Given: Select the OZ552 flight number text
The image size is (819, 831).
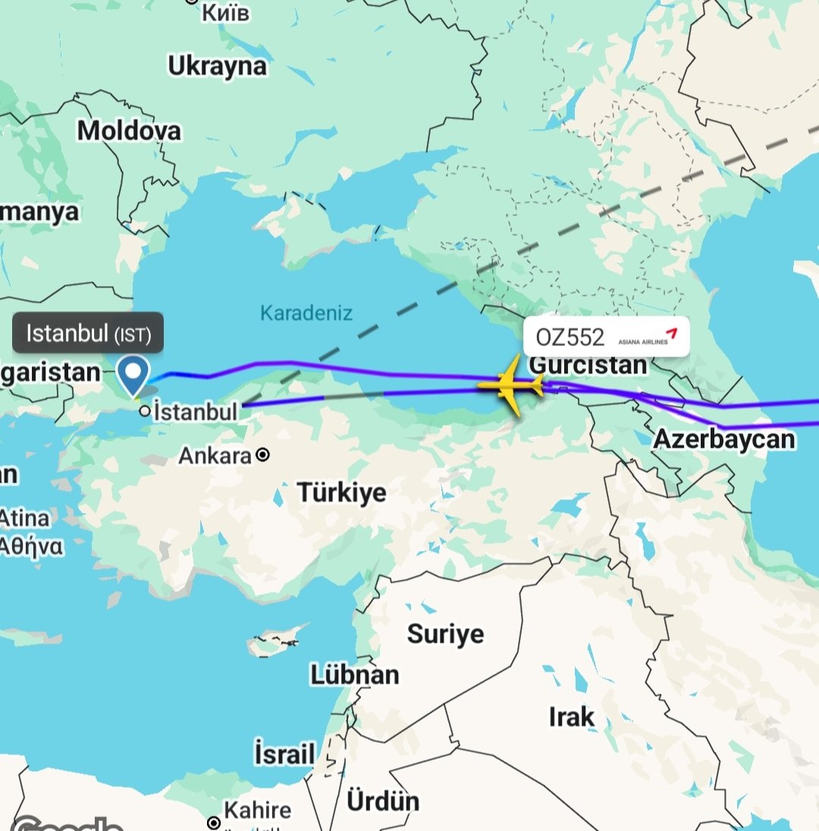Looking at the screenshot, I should (x=570, y=337).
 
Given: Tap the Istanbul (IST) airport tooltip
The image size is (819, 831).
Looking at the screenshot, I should (x=88, y=332).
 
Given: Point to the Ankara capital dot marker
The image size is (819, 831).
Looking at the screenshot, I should (x=263, y=455).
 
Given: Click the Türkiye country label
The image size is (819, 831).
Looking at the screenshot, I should (x=341, y=493).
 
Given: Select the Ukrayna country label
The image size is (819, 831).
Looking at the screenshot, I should (x=217, y=66).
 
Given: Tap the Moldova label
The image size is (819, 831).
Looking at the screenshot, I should (x=129, y=131).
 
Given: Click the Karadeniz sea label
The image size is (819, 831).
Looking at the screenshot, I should (x=306, y=312).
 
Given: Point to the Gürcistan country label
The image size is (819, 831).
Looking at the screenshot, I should (x=588, y=365).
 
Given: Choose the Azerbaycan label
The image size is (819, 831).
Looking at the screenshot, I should (x=724, y=439).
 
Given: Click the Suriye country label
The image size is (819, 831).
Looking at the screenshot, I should (x=445, y=634).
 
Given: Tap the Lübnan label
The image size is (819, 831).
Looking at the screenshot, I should (x=355, y=674).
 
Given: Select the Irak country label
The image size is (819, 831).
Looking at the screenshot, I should (x=571, y=716).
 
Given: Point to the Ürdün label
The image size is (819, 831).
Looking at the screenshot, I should (x=383, y=800).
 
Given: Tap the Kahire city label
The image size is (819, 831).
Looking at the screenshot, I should (x=258, y=811).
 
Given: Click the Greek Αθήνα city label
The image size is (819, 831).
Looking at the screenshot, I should (x=32, y=546).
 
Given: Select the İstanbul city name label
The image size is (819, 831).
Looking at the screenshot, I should (x=196, y=412).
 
